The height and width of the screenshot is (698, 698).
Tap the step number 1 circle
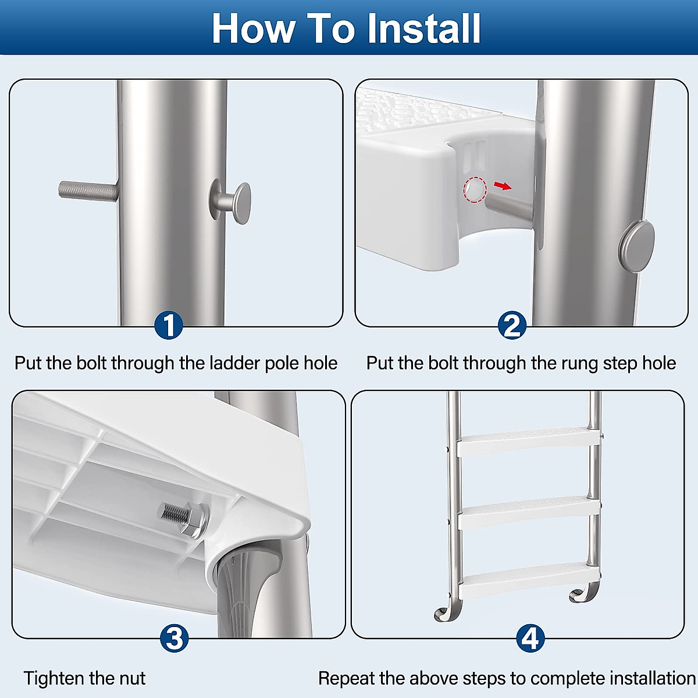coord(169,325)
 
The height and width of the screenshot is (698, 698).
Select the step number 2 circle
coord(512,325)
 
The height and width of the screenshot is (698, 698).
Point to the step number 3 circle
coord(174,638)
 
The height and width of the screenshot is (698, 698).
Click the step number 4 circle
coord(530,638)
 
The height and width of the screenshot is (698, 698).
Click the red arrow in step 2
coord(503,186)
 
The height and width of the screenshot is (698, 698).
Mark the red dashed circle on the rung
coord(475,190)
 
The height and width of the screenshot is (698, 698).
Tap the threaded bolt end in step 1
coord(87,190)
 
